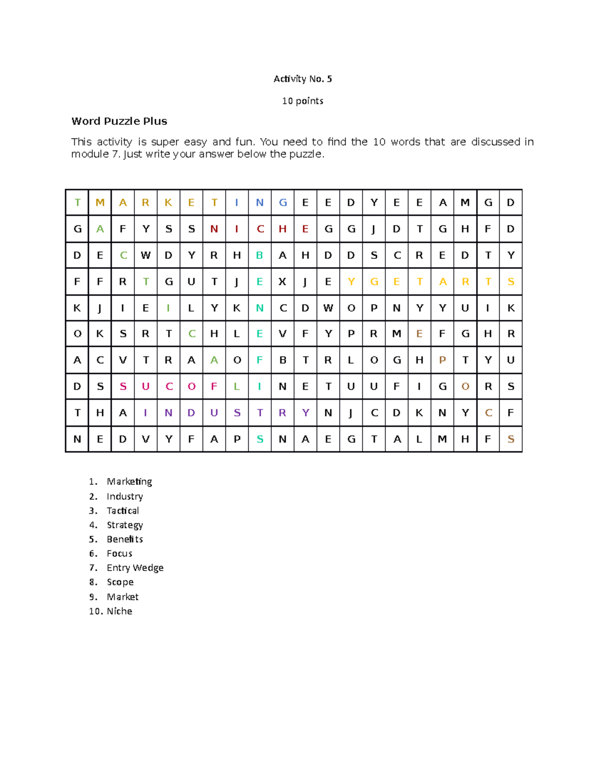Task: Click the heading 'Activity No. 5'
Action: tap(302, 79)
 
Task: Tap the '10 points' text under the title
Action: tap(302, 101)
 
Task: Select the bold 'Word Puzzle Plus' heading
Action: tap(119, 121)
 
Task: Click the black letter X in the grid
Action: tap(282, 282)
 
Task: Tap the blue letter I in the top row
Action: tap(237, 202)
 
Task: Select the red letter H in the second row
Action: tap(282, 229)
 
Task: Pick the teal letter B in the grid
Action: tap(260, 255)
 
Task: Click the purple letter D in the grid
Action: tap(191, 413)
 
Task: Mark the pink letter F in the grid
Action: tap(214, 387)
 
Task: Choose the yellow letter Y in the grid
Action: tap(351, 282)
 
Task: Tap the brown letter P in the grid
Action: tap(442, 360)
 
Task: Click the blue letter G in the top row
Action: tap(283, 202)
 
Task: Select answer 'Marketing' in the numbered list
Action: tap(129, 482)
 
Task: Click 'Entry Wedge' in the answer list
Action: tap(135, 568)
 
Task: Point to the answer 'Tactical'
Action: tap(123, 511)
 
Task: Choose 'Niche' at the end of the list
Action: tap(119, 611)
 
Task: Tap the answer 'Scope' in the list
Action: tap(120, 582)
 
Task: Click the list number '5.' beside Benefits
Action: tap(93, 539)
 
